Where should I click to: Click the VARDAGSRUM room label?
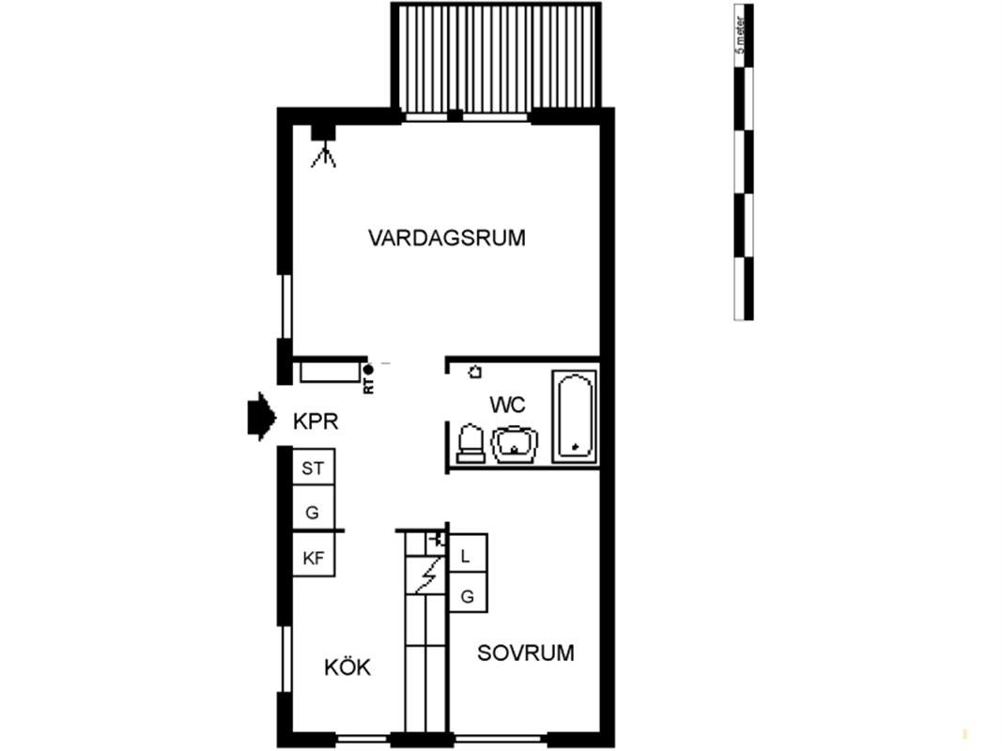click(x=447, y=238)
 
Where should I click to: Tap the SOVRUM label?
click(x=525, y=652)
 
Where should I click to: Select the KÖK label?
click(x=347, y=667)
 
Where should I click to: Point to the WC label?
click(x=507, y=405)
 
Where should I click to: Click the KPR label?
click(x=315, y=421)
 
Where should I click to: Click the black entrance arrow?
click(x=261, y=417)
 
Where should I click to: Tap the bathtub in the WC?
click(x=575, y=416)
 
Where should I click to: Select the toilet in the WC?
click(x=471, y=443)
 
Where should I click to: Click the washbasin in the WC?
click(x=515, y=444)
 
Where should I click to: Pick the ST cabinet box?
click(x=313, y=467)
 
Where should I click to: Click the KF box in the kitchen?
click(x=313, y=559)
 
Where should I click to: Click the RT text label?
click(x=369, y=386)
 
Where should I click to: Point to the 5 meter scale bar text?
click(x=741, y=35)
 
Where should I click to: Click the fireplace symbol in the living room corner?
click(x=323, y=146)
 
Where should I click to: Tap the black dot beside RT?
click(x=368, y=370)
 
